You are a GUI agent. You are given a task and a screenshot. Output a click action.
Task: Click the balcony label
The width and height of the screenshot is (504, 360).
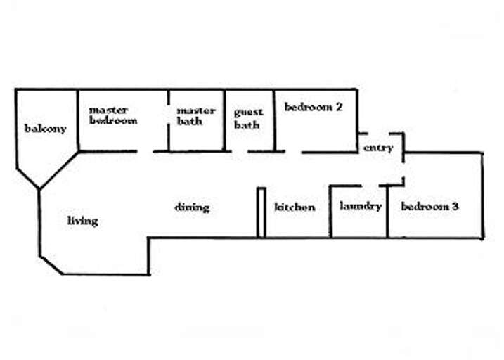pos(45,129)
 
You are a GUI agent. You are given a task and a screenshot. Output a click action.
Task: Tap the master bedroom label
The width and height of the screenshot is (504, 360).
pos(112,115)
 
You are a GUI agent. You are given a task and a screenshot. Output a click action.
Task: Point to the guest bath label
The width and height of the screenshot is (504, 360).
pos(248,118)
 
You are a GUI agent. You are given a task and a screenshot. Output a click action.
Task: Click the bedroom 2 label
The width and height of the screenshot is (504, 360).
pos(313,108)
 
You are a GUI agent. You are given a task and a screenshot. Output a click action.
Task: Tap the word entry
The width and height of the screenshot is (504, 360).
pos(377,148)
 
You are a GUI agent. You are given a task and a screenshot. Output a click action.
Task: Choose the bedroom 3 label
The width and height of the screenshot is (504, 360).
pos(429,207)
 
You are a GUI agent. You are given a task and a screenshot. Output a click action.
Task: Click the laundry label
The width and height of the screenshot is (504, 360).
pos(360,206)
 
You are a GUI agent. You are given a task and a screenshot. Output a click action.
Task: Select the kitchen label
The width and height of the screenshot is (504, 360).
pos(295,207)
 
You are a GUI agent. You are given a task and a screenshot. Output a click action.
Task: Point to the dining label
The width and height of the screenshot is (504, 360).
pos(192,207)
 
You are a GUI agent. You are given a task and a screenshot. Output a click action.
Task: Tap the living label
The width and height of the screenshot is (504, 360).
pos(82,221)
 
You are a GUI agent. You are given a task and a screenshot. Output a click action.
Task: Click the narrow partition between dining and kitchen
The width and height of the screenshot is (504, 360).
pos(261,212)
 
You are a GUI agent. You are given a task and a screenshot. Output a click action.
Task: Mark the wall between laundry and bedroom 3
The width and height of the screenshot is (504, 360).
pos(388,211)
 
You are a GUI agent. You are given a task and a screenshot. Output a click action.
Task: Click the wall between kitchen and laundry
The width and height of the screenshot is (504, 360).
pos(330,211)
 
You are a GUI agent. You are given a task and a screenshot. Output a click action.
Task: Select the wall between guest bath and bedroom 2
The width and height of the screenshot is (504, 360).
pos(274,120)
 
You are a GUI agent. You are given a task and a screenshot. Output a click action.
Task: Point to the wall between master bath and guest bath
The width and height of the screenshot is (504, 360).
pos(224,120)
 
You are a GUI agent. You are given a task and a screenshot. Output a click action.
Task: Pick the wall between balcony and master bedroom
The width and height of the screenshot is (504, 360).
pos(78,120)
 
